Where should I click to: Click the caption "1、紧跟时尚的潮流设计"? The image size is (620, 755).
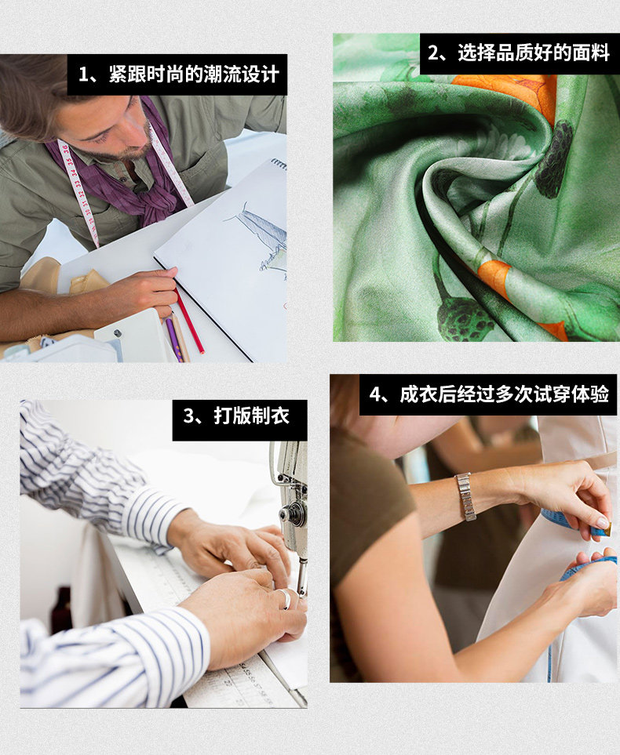coord(179,74)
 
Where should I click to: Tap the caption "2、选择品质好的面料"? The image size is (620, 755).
coord(519,53)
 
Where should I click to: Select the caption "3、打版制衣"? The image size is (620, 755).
coord(236,416)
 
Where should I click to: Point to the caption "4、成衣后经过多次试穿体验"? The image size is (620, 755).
coord(489,394)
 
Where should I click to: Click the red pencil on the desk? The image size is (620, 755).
coord(189,321)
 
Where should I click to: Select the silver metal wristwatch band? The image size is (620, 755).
coord(465,497)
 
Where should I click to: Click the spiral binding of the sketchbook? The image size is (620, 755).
coord(279,164)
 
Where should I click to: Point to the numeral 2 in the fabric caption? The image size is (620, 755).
coord(433,53)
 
